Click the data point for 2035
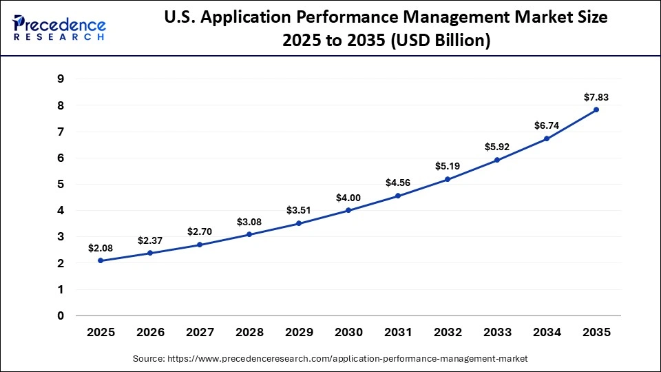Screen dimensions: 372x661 (596, 110)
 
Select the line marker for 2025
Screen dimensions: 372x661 (101, 260)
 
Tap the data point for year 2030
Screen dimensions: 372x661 (348, 210)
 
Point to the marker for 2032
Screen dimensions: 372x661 (448, 179)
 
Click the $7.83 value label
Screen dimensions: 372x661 (596, 96)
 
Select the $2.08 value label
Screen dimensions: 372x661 (101, 247)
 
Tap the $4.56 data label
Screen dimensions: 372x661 (398, 183)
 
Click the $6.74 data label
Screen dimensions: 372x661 (547, 125)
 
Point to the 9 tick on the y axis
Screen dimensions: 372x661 (61, 79)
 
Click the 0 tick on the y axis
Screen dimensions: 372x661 (61, 316)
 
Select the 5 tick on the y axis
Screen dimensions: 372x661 (61, 185)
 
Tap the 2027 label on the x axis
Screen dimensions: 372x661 (200, 333)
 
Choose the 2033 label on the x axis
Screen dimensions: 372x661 (497, 333)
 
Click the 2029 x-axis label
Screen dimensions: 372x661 (299, 333)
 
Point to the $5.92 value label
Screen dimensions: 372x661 (497, 147)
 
